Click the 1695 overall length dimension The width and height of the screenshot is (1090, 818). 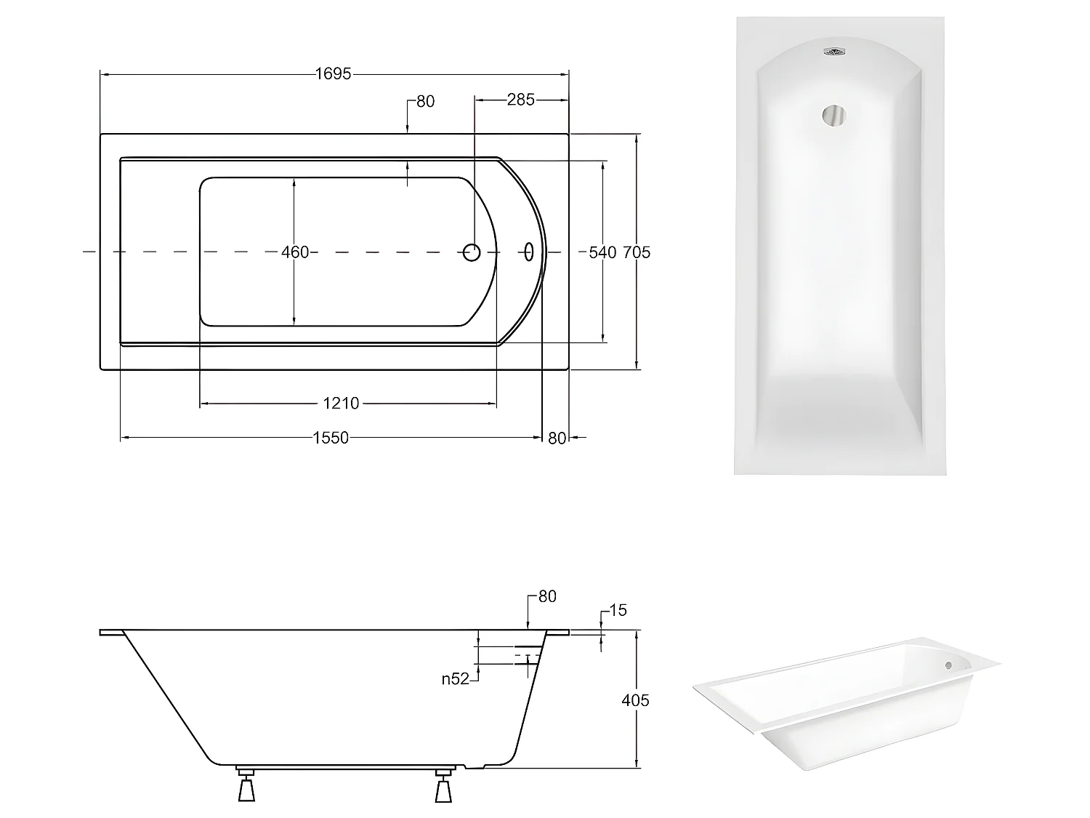click(x=334, y=74)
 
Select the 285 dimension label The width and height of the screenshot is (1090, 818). click(x=521, y=100)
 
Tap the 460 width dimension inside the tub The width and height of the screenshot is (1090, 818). click(x=295, y=252)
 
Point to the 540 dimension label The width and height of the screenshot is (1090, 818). click(x=602, y=252)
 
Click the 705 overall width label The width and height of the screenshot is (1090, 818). click(x=637, y=252)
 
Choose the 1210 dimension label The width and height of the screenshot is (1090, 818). click(x=341, y=403)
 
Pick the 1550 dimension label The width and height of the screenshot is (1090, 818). click(x=331, y=438)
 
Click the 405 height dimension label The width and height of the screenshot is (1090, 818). click(x=635, y=700)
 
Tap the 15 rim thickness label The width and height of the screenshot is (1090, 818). click(x=618, y=610)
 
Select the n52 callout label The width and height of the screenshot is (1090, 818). click(x=456, y=679)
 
